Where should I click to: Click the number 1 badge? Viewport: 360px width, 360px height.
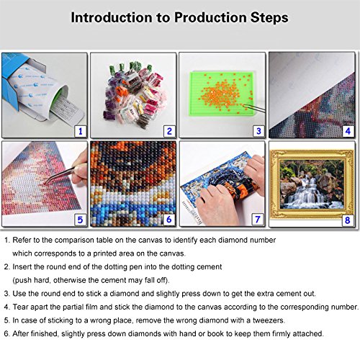(80, 131)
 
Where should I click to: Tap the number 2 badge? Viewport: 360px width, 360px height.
(169, 131)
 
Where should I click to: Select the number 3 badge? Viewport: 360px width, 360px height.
(258, 131)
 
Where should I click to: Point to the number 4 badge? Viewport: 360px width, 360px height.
(348, 131)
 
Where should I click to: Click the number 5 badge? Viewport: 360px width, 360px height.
(80, 220)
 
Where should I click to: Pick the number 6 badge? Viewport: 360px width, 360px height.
(169, 220)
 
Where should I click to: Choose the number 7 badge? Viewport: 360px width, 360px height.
(258, 220)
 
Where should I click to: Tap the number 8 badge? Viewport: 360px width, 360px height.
(347, 220)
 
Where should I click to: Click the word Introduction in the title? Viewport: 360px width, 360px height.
(112, 17)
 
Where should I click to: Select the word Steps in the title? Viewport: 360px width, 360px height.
(269, 18)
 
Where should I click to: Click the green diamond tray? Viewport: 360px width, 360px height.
(221, 94)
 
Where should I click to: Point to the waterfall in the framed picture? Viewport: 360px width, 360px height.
(309, 194)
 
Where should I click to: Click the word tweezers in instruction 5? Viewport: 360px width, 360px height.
(269, 320)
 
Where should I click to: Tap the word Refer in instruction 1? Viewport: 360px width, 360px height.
(22, 240)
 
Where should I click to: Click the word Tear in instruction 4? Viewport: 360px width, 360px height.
(20, 307)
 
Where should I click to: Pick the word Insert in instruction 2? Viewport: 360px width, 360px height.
(22, 267)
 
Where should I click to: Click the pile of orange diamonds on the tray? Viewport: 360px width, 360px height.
(222, 94)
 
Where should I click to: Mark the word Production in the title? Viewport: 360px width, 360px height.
(210, 17)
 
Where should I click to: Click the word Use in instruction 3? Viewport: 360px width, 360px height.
(19, 294)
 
